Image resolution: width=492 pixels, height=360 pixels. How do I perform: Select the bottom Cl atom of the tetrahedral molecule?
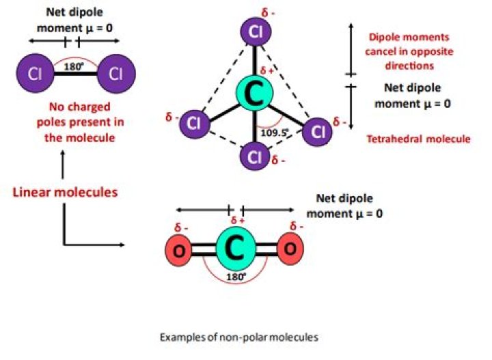pyautogui.click(x=256, y=157)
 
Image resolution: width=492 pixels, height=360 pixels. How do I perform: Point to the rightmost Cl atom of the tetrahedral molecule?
pyautogui.click(x=317, y=130)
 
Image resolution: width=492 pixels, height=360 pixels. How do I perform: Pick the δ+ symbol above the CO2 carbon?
pyautogui.click(x=238, y=221)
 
